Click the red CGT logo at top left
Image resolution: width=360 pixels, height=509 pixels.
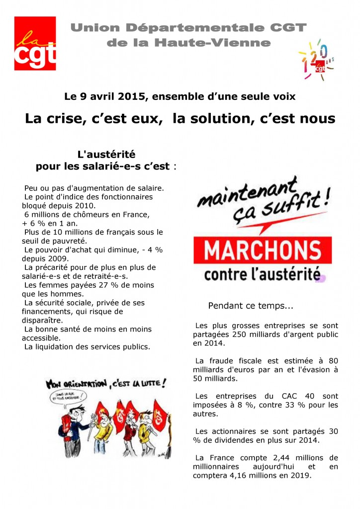(35, 43)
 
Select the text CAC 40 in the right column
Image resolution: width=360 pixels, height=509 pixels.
(296, 396)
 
